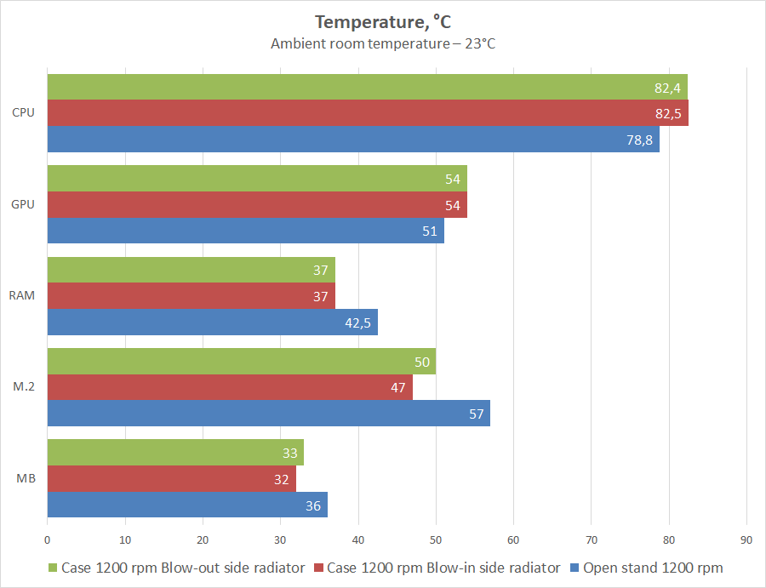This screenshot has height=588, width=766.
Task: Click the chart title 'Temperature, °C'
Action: [x=382, y=22]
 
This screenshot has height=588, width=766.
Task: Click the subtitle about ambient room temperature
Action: [x=382, y=43]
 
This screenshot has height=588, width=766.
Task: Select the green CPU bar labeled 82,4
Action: [x=366, y=87]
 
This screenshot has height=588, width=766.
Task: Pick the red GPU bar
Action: [x=255, y=205]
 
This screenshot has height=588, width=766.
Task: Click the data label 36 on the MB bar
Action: [x=313, y=505]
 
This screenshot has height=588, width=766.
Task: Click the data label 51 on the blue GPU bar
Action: [x=430, y=231]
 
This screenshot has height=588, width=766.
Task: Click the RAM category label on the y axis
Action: [x=24, y=296]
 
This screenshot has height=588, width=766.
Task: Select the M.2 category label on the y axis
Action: [x=24, y=387]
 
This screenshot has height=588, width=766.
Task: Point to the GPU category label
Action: [x=24, y=205]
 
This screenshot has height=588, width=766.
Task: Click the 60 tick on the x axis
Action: [x=513, y=539]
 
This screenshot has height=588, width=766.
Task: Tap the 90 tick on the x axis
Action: [x=746, y=539]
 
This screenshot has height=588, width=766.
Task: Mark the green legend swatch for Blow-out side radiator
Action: [x=52, y=568]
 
